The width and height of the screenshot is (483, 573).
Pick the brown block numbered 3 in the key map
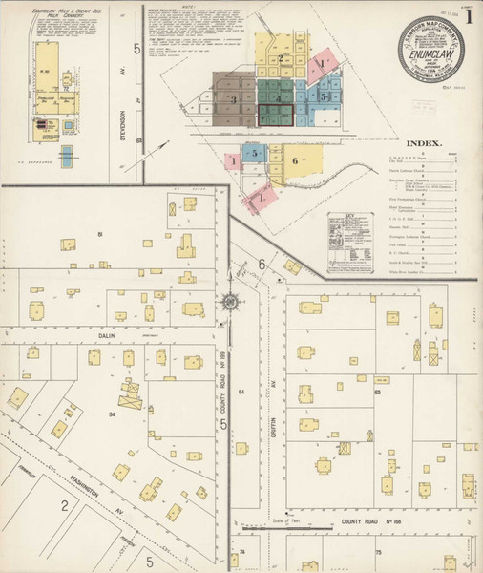(232, 98)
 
